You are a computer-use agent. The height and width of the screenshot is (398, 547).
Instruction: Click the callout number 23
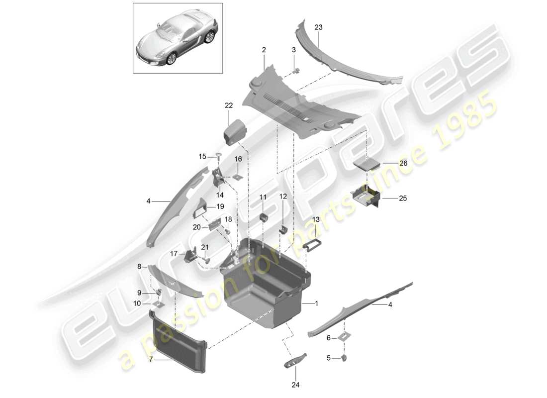pos(318,27)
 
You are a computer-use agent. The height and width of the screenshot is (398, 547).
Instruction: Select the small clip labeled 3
pos(297,70)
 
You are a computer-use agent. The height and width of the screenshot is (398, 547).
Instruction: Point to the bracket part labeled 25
pos(366,195)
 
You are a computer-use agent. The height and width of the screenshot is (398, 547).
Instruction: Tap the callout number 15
pos(202,157)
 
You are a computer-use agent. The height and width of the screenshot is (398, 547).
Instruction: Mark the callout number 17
pos(174,253)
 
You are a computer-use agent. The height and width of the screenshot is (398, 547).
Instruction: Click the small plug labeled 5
pos(344,357)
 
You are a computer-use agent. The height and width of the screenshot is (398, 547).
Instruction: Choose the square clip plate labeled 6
pos(343,337)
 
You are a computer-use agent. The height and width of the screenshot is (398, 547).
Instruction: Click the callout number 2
pos(264,50)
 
